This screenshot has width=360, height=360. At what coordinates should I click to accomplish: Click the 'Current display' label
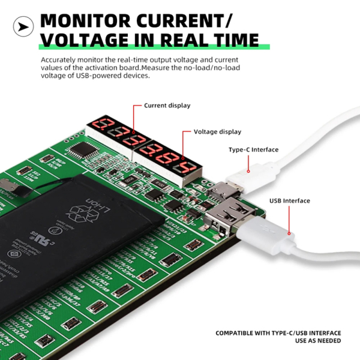pos(167,106)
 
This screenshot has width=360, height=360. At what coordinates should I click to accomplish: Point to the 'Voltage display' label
pos(217,131)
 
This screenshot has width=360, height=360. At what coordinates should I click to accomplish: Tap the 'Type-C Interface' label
pos(253,150)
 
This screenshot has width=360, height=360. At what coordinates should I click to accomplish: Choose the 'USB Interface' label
pos(289,201)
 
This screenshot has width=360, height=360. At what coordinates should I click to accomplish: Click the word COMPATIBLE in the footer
pos(240,332)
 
